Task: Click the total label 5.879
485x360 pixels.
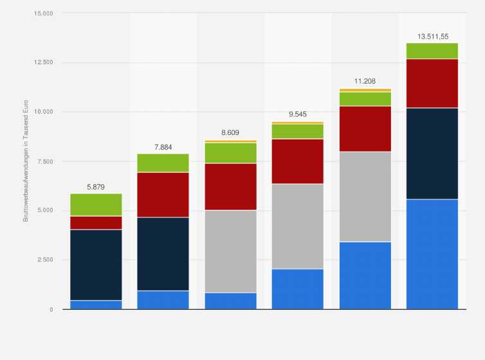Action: click(x=96, y=187)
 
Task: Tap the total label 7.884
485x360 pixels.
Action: click(x=163, y=147)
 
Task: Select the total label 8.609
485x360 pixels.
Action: click(x=230, y=132)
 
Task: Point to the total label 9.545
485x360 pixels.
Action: click(x=297, y=114)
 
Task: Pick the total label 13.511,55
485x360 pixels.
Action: click(x=432, y=37)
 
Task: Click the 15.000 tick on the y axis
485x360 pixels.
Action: click(x=43, y=14)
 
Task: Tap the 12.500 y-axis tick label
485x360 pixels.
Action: click(x=43, y=62)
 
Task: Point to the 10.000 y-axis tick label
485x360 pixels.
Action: click(x=43, y=112)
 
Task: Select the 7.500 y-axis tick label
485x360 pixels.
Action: click(x=45, y=161)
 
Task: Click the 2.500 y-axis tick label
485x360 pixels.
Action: click(x=45, y=260)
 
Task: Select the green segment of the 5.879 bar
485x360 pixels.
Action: click(x=96, y=204)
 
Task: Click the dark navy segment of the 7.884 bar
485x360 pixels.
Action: click(x=163, y=254)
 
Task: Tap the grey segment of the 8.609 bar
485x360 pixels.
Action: click(x=230, y=251)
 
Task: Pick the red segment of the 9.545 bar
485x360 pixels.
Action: click(x=297, y=161)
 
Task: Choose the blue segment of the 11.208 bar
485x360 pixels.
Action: click(x=364, y=275)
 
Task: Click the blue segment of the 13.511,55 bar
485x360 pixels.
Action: click(x=432, y=254)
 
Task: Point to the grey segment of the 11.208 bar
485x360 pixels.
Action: click(x=364, y=197)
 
